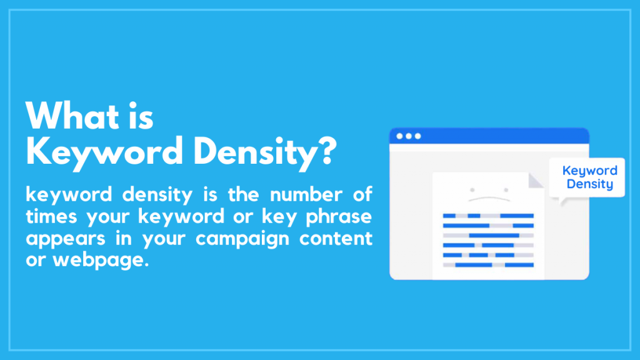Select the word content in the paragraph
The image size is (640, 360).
point(336,238)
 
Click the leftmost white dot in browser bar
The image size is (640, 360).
point(399,136)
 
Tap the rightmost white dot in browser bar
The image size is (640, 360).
point(417,136)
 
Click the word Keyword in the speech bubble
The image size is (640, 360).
point(589,171)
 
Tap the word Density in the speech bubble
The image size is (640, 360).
point(589,185)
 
